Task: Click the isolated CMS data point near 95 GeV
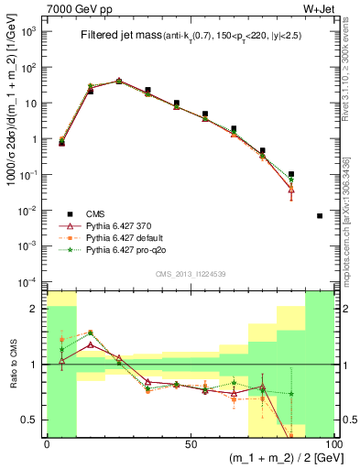pos(320,215)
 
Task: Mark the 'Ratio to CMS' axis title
pos(10,364)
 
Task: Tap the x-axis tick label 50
pos(191,443)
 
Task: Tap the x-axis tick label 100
pos(331,443)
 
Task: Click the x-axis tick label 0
pos(47,443)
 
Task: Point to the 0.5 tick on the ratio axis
pos(30,420)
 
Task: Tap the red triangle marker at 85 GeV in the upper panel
pos(291,190)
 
